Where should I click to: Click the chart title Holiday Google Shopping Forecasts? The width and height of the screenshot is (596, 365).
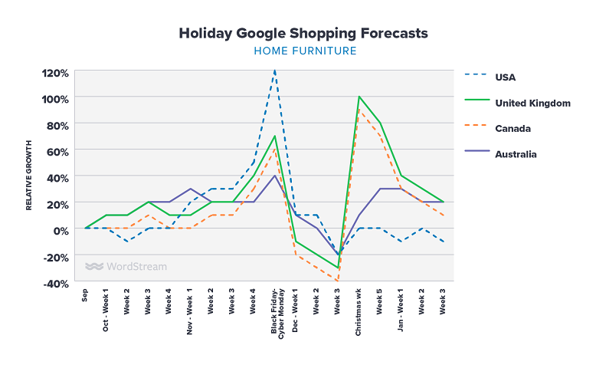(x=303, y=34)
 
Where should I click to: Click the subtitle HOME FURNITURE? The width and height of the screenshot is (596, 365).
(x=303, y=51)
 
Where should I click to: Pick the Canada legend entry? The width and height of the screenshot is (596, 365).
(x=512, y=128)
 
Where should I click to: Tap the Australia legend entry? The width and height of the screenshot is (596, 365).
(x=516, y=154)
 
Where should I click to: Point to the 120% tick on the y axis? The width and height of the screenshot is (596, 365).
(x=55, y=73)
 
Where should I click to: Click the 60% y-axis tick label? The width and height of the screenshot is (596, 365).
(x=58, y=151)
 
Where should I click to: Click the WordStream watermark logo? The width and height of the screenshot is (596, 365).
(x=126, y=267)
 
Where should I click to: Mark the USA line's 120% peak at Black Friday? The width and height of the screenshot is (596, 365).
(x=274, y=71)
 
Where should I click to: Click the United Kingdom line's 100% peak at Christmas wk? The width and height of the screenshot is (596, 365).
(x=359, y=97)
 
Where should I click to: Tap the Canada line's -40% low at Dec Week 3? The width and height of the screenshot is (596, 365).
(x=337, y=281)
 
